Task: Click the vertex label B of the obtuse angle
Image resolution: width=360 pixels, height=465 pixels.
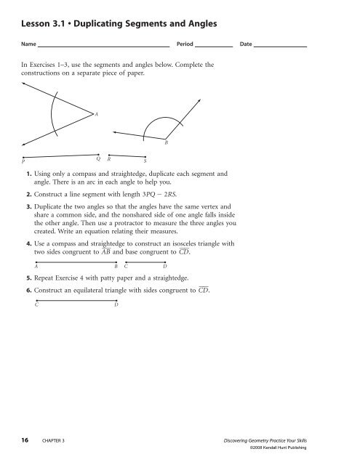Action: click(167, 142)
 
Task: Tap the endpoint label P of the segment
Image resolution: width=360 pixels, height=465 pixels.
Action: click(23, 163)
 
